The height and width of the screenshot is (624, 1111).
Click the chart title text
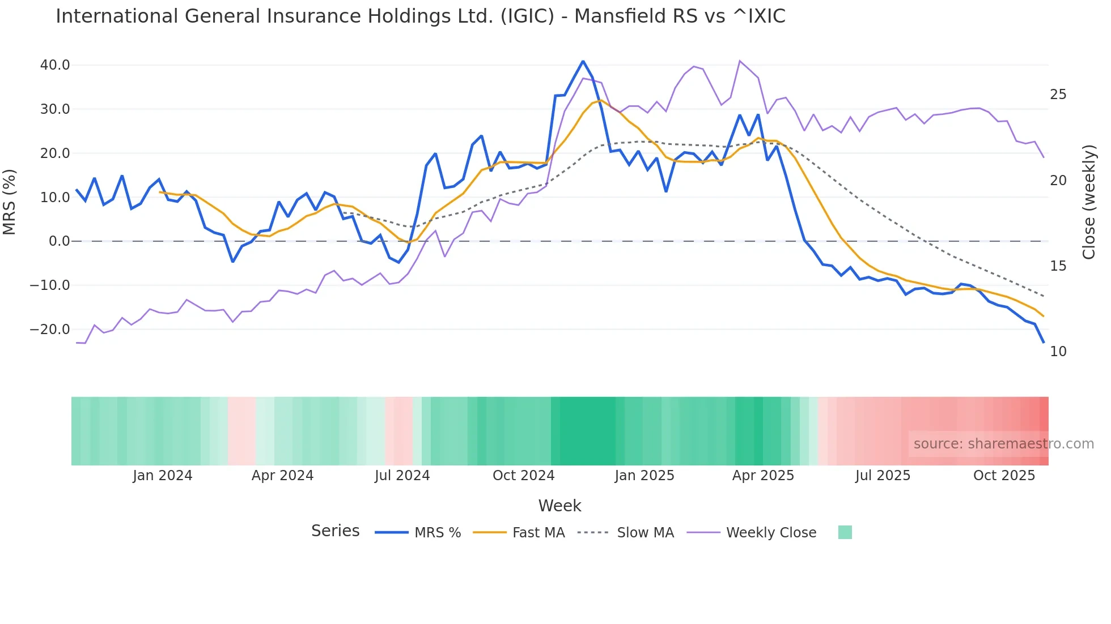(420, 16)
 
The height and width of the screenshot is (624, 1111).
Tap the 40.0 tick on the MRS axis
(55, 65)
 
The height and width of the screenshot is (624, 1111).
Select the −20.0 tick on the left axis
(50, 330)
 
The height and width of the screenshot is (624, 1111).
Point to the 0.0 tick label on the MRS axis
(60, 241)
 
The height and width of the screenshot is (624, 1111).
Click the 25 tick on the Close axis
(1058, 95)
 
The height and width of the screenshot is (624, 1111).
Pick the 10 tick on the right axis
(1058, 352)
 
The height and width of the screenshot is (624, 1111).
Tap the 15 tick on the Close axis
(1058, 266)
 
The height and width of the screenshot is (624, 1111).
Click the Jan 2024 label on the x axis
(163, 476)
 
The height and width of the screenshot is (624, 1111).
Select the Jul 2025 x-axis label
(883, 476)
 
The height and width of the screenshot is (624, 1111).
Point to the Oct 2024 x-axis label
(523, 476)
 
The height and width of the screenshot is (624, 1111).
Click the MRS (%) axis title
(10, 202)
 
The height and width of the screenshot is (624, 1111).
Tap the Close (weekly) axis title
(1089, 202)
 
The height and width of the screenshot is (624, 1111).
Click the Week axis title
(559, 506)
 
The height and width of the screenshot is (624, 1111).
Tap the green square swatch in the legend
(845, 532)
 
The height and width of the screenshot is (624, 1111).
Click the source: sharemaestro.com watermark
(1003, 444)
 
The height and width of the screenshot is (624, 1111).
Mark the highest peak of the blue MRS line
(583, 61)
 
